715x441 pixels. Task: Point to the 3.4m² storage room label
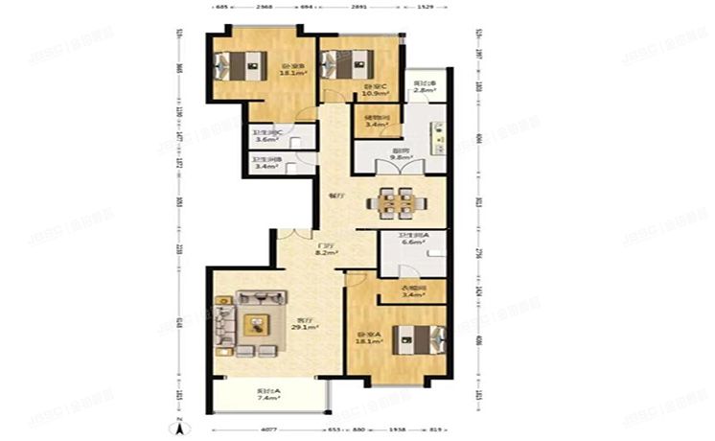[x=376, y=125]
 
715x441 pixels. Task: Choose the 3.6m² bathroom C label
[x=265, y=140]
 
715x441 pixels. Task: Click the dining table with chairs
[x=397, y=202]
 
